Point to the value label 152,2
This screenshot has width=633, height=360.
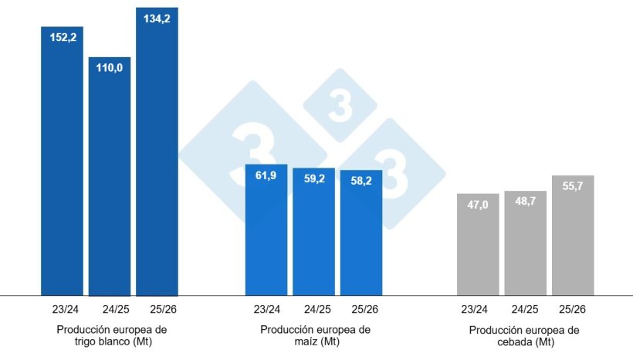click(x=62, y=36)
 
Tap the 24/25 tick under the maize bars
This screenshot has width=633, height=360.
click(x=313, y=310)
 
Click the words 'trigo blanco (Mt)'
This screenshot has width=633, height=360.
click(x=111, y=341)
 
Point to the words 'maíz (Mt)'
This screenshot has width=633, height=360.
click(x=315, y=341)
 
